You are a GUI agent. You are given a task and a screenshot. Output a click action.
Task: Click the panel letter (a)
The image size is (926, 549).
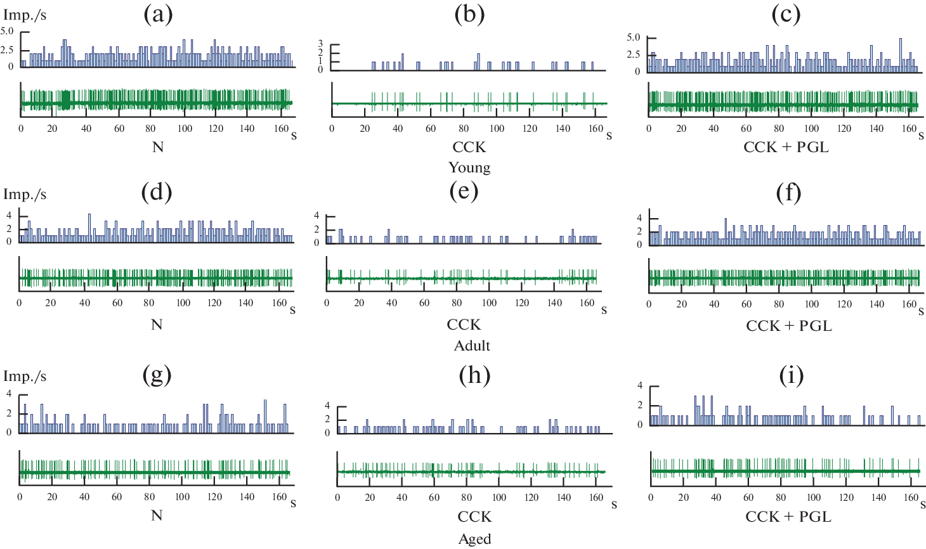[x=158, y=14]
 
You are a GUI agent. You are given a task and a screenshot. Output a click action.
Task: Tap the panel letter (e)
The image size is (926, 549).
[x=464, y=191]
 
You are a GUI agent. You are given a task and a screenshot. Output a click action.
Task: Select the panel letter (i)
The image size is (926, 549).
[x=791, y=376]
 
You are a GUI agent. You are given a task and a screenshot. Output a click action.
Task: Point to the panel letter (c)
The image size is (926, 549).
[x=786, y=14]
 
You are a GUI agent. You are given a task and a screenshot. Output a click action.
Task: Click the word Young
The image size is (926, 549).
[x=469, y=167]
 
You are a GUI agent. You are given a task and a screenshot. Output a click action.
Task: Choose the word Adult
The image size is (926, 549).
[x=472, y=346]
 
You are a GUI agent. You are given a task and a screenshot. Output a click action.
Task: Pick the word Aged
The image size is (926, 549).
[x=474, y=539]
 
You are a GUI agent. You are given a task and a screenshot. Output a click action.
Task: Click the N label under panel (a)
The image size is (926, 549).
[x=158, y=147]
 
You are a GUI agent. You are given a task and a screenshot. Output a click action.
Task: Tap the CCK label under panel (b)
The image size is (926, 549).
[x=469, y=147]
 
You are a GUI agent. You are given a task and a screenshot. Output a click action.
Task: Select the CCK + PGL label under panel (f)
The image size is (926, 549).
[x=788, y=326]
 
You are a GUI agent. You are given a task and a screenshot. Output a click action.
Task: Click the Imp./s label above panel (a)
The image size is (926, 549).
[x=25, y=15]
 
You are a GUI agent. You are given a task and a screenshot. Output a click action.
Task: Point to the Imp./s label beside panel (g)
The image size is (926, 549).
[x=25, y=376]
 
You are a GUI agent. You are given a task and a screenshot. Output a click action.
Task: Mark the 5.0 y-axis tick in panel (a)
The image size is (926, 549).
[x=7, y=31]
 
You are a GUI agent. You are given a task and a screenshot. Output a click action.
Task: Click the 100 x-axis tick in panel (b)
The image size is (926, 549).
[x=497, y=129]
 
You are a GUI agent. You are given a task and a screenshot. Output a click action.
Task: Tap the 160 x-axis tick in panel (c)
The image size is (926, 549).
[x=909, y=129]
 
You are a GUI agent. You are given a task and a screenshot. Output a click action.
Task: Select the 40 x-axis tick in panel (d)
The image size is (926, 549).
[x=84, y=303]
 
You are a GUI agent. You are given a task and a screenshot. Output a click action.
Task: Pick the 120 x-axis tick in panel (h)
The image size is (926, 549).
[x=531, y=498]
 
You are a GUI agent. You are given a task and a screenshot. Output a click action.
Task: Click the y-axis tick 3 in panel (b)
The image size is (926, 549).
[x=320, y=44]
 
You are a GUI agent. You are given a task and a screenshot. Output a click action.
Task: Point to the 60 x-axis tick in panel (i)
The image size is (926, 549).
[x=748, y=498]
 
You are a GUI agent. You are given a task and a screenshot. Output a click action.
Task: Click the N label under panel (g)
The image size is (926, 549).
[x=157, y=515]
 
